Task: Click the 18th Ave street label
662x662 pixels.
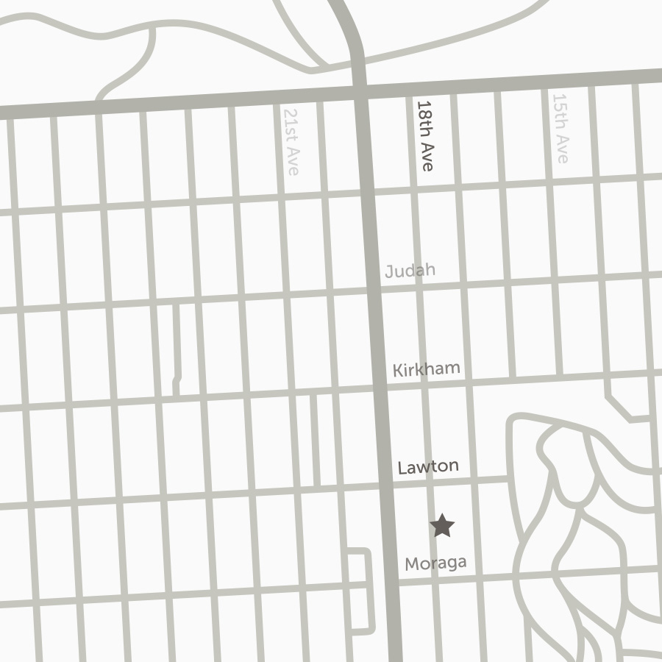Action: click(425, 136)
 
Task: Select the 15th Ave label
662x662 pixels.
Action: click(560, 129)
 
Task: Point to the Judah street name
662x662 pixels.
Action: click(410, 271)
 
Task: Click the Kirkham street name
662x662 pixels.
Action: click(426, 369)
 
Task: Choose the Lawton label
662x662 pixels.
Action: click(428, 466)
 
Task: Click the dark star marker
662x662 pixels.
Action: click(442, 525)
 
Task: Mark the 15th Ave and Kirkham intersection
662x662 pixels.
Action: click(560, 377)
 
